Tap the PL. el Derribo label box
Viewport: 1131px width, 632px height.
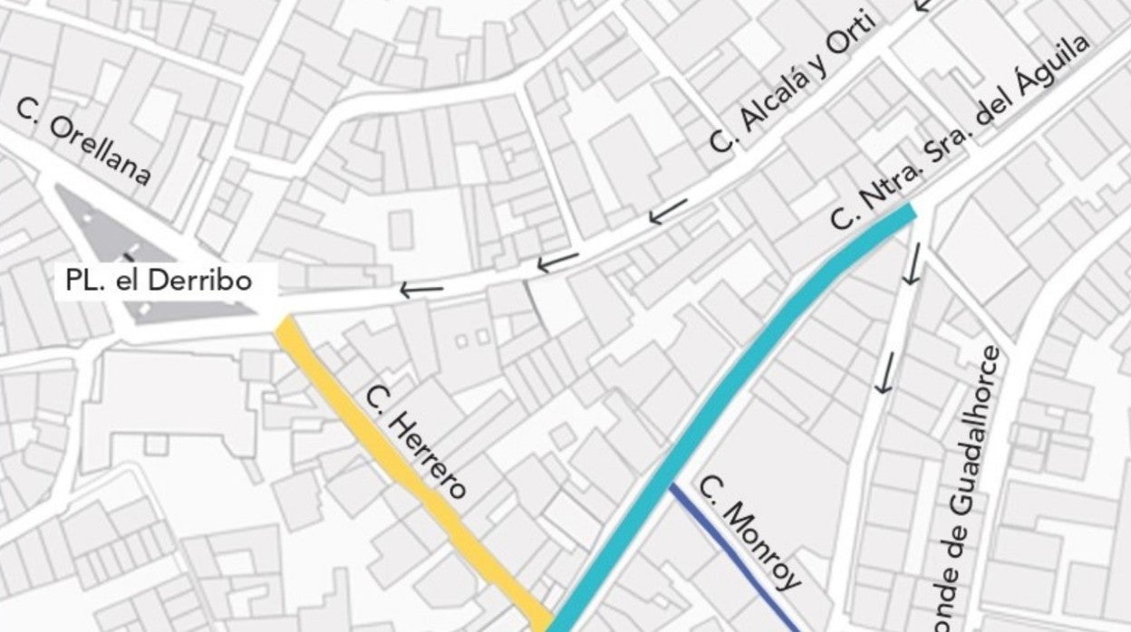click(x=158, y=281)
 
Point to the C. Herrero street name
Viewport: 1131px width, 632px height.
click(x=416, y=442)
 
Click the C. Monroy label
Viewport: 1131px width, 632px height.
click(x=750, y=531)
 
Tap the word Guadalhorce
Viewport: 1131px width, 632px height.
click(x=988, y=434)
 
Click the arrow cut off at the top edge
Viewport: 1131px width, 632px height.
click(x=923, y=5)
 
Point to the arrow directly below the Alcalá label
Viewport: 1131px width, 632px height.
click(x=667, y=212)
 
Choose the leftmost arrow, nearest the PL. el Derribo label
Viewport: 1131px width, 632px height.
click(x=421, y=290)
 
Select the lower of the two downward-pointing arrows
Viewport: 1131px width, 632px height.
click(x=885, y=371)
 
